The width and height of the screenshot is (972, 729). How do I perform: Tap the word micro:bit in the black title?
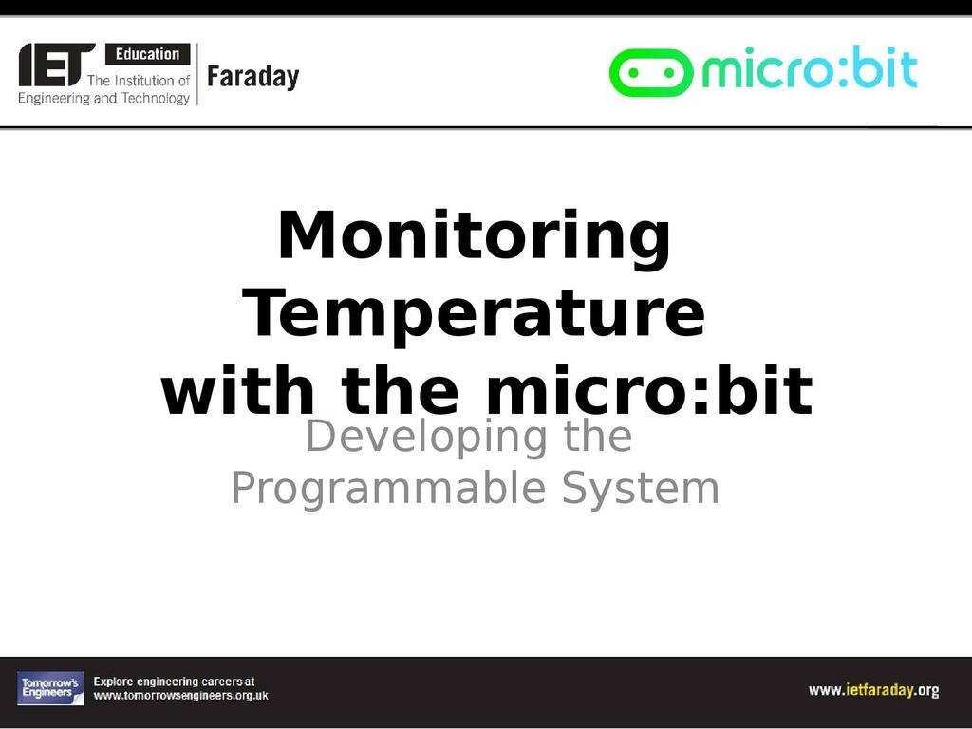coord(648,390)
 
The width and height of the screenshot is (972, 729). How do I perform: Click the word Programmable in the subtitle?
coord(388,490)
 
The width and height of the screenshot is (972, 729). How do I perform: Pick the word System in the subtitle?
coord(641,490)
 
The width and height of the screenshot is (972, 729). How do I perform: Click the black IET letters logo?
coord(57,65)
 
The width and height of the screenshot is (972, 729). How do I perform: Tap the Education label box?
coord(147,54)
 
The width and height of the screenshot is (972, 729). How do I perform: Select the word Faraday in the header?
coord(252,77)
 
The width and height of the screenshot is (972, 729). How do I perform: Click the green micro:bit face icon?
coord(651,72)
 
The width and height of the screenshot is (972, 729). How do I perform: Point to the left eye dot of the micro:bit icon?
coord(633,73)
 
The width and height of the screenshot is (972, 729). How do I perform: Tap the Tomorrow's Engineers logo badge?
coord(50,689)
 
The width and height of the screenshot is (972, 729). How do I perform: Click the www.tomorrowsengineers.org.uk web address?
coord(181,696)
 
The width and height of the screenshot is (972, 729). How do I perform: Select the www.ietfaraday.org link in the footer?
coord(873,690)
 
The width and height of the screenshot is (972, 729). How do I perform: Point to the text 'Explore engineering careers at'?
coord(175,682)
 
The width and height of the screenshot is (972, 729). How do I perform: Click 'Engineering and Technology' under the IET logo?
coord(103,98)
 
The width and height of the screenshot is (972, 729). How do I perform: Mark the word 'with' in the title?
coord(237,390)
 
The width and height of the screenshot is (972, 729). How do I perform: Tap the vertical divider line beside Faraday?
coord(197,74)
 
